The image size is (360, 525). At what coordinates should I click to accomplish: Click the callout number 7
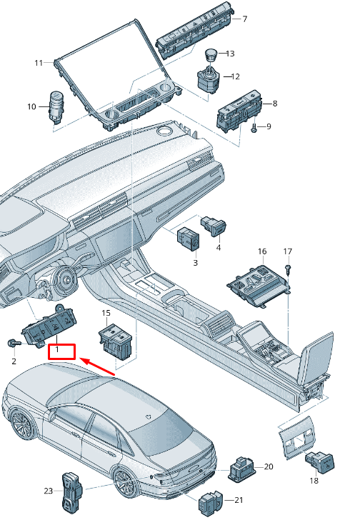point(245,19)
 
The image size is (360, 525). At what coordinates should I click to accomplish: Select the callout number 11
point(39,63)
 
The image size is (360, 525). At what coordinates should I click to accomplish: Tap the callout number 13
point(230,54)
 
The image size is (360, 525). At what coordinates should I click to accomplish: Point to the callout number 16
point(262,251)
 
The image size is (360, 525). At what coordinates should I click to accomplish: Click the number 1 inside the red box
point(57,349)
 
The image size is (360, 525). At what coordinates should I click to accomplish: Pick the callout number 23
point(49,491)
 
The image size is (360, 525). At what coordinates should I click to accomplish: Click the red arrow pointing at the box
point(97,366)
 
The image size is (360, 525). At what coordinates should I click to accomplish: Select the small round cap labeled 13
point(211,54)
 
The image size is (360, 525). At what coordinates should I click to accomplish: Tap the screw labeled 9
point(254,128)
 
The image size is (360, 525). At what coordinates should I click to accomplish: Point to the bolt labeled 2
point(14,343)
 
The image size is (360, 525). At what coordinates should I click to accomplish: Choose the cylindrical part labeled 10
point(56,105)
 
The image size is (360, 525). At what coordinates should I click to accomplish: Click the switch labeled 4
point(214,226)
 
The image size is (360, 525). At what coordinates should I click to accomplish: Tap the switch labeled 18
point(320,462)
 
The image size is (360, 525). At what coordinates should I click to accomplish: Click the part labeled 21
point(211,504)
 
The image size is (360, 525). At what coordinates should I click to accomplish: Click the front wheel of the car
point(21,424)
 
